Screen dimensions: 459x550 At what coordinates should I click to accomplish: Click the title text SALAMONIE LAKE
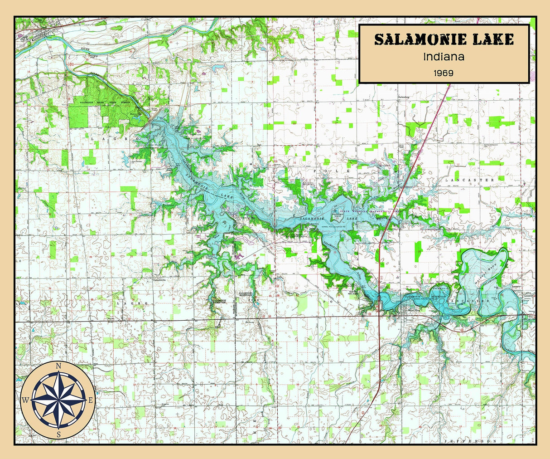444,39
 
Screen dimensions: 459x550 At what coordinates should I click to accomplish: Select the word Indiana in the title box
444,58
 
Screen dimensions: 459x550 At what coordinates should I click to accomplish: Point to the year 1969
444,73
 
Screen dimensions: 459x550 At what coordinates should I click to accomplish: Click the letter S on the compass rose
58,434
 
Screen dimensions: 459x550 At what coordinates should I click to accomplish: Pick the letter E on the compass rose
91,400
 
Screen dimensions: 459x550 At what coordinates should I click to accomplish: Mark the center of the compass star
58,400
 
